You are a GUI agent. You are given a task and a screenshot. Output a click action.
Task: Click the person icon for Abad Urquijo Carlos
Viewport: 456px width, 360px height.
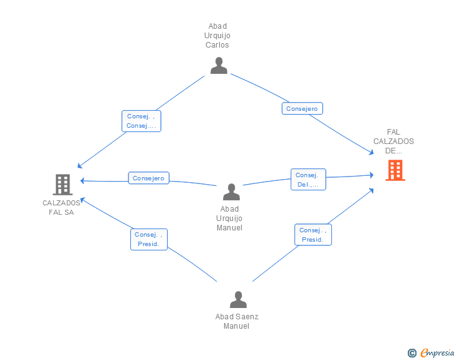[219, 66]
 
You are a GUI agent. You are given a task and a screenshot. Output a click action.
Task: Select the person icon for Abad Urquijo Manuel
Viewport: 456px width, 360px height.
[231, 192]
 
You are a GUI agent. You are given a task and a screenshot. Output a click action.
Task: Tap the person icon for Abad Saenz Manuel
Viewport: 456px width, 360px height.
[238, 300]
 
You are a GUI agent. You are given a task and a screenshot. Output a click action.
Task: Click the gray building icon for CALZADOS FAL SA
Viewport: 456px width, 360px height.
[62, 185]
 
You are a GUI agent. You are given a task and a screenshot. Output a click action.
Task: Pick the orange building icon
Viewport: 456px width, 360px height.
[395, 170]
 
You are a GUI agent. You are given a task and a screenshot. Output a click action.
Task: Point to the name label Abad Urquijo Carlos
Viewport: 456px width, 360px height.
[218, 36]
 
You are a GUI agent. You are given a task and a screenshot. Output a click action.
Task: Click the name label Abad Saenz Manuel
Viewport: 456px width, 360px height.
[237, 321]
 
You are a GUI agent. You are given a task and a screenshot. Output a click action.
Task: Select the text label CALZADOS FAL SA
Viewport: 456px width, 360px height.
[61, 207]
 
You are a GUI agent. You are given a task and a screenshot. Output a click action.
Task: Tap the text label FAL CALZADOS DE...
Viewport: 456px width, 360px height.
[393, 141]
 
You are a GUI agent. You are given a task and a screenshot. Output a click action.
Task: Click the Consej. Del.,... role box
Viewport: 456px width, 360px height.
[308, 180]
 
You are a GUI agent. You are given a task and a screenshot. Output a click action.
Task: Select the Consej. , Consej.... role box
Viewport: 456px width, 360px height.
[141, 121]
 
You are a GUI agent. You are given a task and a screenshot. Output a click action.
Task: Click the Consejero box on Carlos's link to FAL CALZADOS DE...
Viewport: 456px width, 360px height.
[302, 109]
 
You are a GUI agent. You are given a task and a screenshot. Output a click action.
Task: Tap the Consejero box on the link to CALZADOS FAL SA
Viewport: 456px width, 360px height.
[149, 178]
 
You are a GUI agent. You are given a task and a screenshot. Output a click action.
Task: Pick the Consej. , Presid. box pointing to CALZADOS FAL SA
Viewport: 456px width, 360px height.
[148, 239]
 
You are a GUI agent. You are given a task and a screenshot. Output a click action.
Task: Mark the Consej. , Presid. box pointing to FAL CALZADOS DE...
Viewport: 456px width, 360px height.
[313, 235]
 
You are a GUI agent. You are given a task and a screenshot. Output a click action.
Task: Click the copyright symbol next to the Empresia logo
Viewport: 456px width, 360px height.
[412, 353]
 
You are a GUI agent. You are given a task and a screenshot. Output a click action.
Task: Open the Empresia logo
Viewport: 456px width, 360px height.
[437, 352]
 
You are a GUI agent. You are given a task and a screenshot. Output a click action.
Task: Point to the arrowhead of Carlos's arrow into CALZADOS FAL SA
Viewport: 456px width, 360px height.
[79, 167]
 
